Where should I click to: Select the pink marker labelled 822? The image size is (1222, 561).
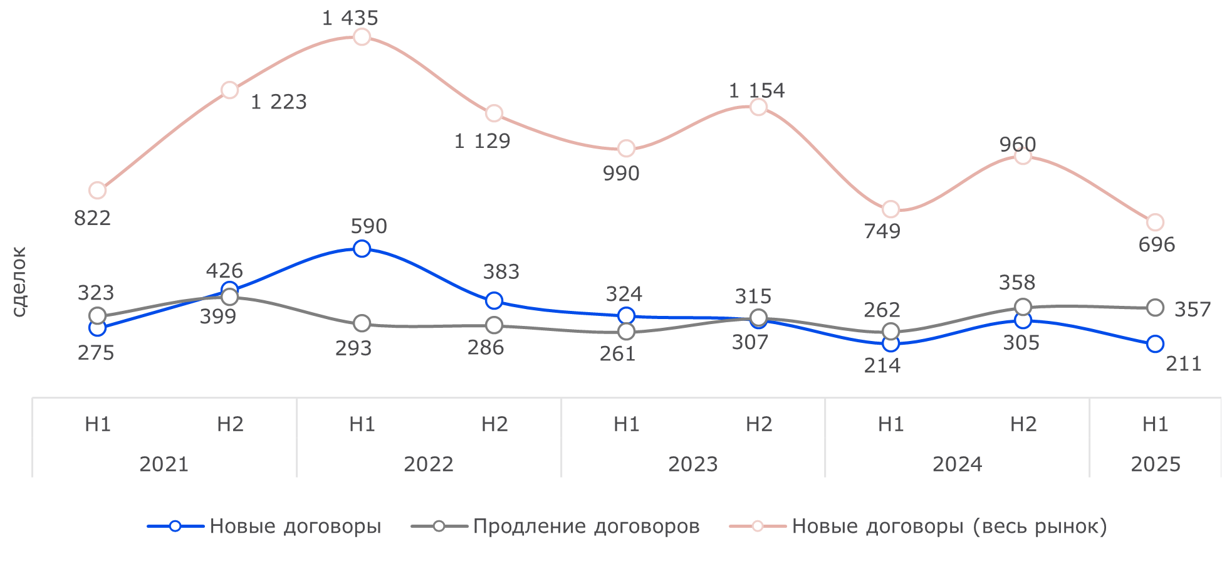(x=97, y=190)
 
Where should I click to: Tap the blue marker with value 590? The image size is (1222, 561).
(x=362, y=248)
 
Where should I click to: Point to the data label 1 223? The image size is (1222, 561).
(x=278, y=102)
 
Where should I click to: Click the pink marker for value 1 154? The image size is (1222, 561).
(x=758, y=107)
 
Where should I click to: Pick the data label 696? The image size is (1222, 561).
(x=1156, y=244)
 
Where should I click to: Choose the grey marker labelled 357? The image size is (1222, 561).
(x=1155, y=307)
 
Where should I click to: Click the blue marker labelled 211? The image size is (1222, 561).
(x=1155, y=343)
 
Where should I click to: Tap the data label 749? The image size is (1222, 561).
(x=882, y=231)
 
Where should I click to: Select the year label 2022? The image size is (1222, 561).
(x=428, y=464)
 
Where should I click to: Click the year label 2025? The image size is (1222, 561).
(x=1155, y=464)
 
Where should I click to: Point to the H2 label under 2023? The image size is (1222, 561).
(x=758, y=424)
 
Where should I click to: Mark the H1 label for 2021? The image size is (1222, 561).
(x=98, y=424)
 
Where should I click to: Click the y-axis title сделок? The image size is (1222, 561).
(x=19, y=281)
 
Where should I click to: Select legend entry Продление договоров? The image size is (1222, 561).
(x=586, y=526)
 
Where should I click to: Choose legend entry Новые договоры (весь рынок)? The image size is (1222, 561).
(x=949, y=526)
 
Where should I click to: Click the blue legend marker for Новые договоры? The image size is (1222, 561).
(x=175, y=526)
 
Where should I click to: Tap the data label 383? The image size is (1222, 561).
(x=501, y=271)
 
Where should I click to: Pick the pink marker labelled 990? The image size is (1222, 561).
(x=626, y=149)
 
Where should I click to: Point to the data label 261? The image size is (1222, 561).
(x=617, y=354)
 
